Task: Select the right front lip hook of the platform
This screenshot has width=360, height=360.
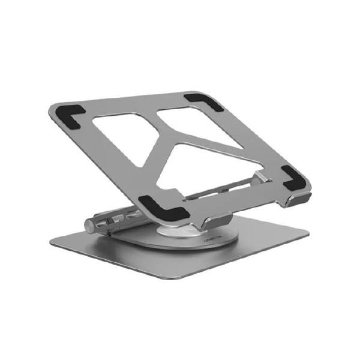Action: click(x=293, y=198)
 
